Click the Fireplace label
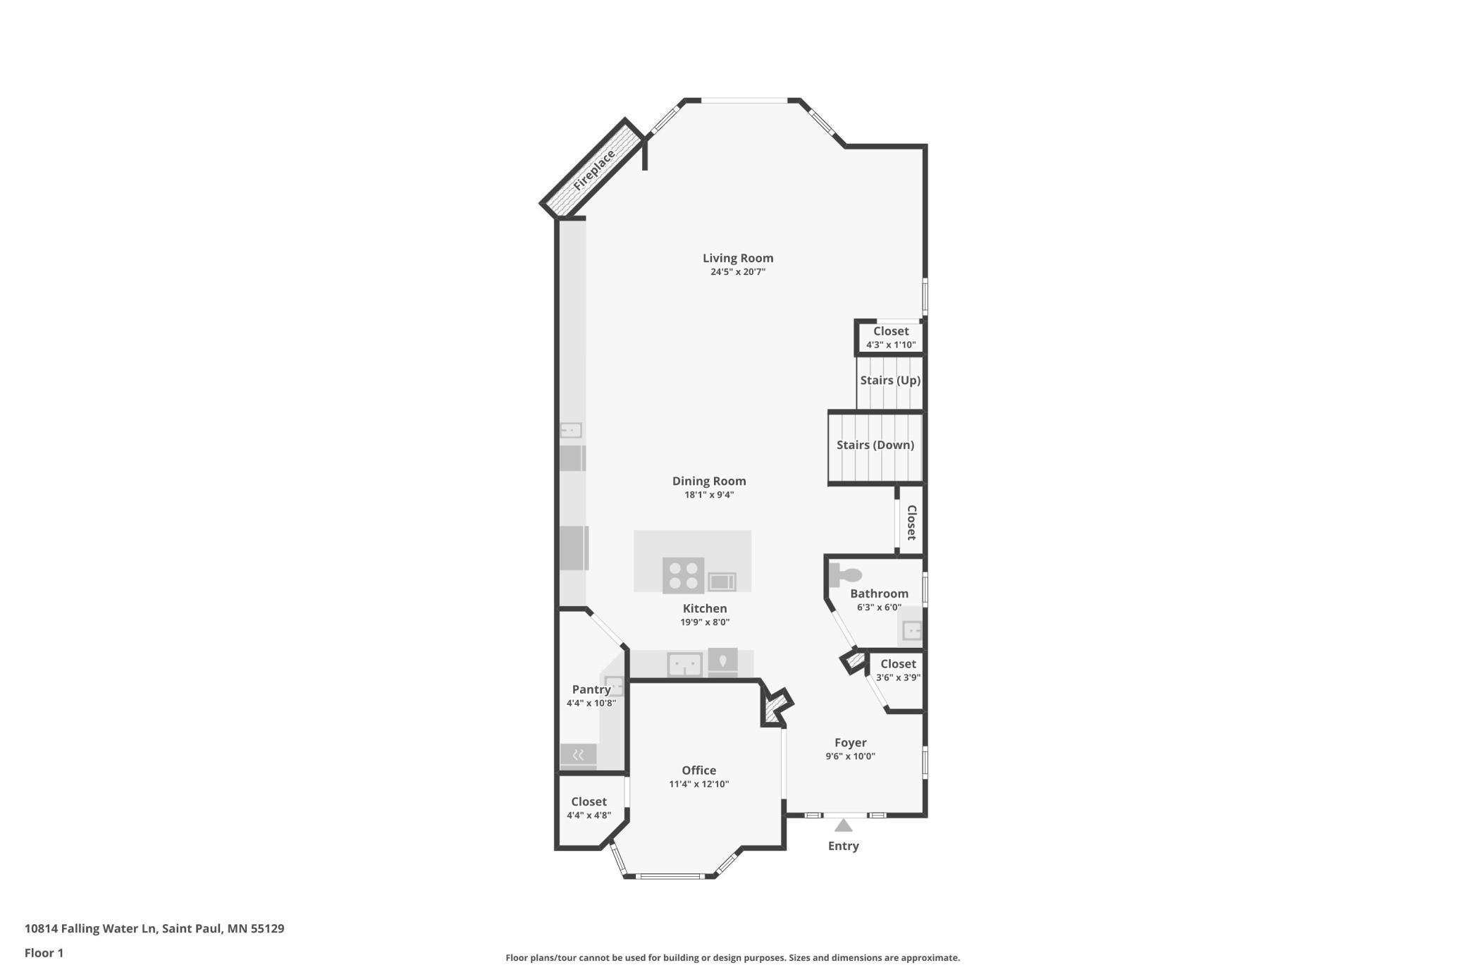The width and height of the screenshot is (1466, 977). click(x=594, y=170)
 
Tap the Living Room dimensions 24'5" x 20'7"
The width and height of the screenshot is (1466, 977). click(x=737, y=272)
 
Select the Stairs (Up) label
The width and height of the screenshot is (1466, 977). click(x=890, y=381)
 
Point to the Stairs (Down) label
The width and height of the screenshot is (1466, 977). click(x=875, y=445)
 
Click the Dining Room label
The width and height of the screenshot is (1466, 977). click(x=708, y=481)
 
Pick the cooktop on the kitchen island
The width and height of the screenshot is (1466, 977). click(x=683, y=575)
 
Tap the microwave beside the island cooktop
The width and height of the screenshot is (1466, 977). click(x=721, y=582)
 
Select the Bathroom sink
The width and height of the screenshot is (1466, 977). click(x=912, y=630)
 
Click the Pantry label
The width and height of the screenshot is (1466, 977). click(x=591, y=689)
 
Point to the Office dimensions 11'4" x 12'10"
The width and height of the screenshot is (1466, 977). click(x=698, y=784)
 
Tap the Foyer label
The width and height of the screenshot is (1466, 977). click(x=850, y=742)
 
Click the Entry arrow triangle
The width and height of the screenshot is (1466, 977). click(x=843, y=825)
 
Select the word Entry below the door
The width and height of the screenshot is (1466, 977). click(x=843, y=846)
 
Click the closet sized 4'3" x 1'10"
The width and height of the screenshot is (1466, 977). click(x=891, y=338)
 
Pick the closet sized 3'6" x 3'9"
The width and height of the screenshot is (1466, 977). click(x=898, y=670)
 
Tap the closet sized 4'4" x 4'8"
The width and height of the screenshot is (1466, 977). click(x=589, y=808)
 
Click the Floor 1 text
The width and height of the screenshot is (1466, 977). click(x=44, y=953)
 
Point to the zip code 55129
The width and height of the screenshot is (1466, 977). click(x=267, y=928)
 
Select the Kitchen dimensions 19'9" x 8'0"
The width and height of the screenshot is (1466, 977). click(x=704, y=622)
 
